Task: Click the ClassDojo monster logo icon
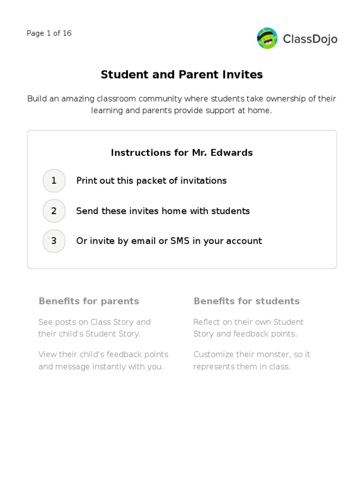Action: pyautogui.click(x=267, y=38)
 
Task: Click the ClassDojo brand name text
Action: pyautogui.click(x=310, y=39)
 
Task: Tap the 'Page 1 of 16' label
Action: pyautogui.click(x=49, y=33)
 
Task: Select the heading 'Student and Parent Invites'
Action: pyautogui.click(x=182, y=74)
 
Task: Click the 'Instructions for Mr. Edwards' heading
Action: pyautogui.click(x=182, y=153)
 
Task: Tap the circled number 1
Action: pyautogui.click(x=54, y=180)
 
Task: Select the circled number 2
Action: pyautogui.click(x=54, y=211)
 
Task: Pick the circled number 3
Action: pyautogui.click(x=54, y=241)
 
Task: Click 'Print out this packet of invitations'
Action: pyautogui.click(x=151, y=180)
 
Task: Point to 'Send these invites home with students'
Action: pyautogui.click(x=163, y=211)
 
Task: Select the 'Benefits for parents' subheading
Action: pyautogui.click(x=89, y=301)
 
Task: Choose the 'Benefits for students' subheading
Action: pyautogui.click(x=246, y=301)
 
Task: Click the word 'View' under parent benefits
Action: pyautogui.click(x=47, y=354)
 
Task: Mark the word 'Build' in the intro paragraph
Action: pyautogui.click(x=37, y=99)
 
